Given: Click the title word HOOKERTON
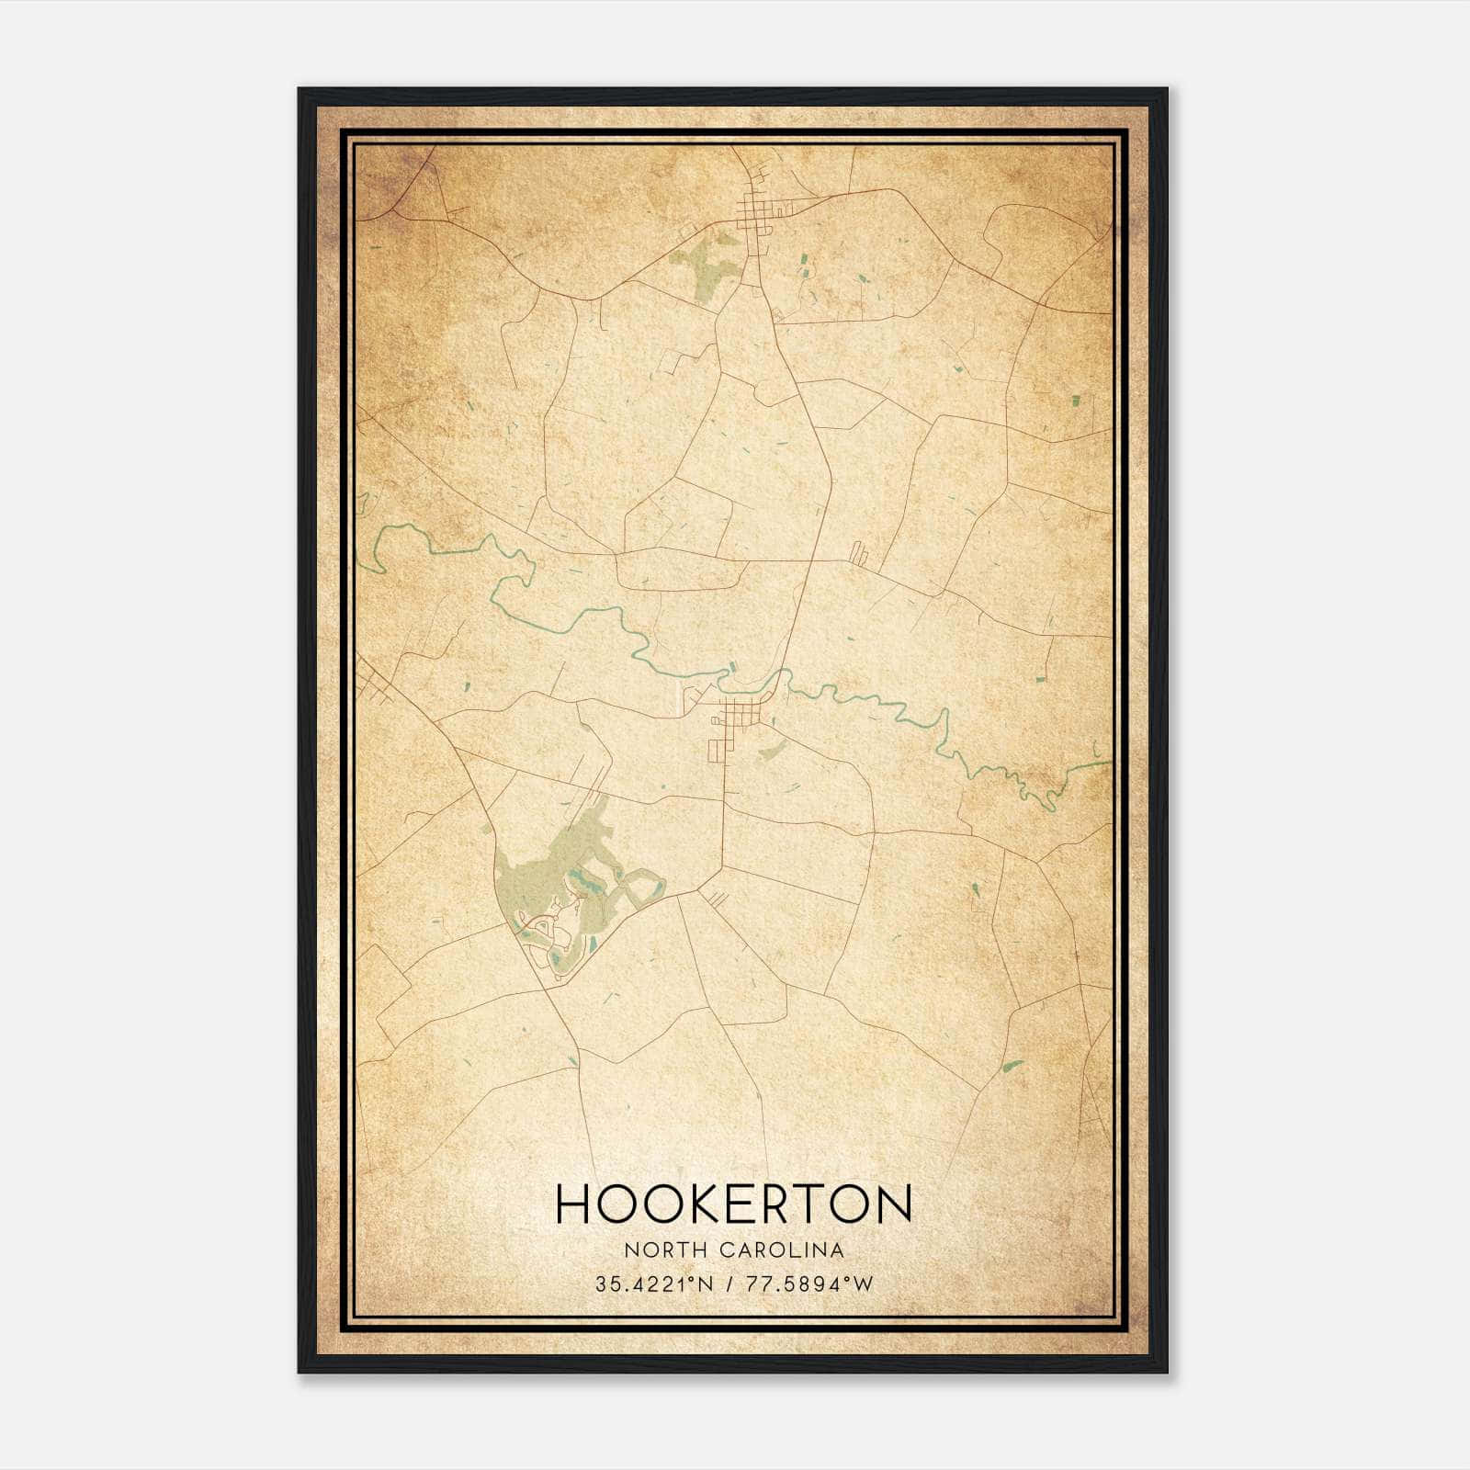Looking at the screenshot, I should [733, 1204].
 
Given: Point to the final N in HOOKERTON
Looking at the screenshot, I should [892, 1204].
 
